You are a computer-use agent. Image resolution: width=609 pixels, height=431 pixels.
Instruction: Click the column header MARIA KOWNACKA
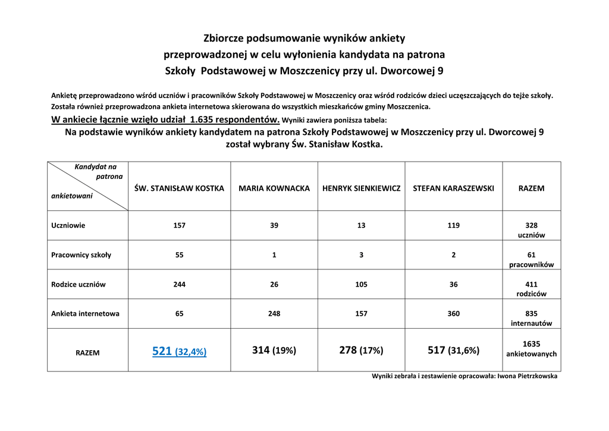274,188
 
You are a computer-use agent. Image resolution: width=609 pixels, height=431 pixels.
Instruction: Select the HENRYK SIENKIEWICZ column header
362,188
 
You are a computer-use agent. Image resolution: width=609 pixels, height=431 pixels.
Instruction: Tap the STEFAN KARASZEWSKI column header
454,188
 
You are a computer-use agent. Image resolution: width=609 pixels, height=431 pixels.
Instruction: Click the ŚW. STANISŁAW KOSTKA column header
180,188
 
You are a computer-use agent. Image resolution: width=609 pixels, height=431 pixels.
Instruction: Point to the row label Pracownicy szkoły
81,255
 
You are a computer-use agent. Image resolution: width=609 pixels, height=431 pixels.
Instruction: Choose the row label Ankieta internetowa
85,314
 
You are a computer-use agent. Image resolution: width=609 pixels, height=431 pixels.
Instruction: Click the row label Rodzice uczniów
79,285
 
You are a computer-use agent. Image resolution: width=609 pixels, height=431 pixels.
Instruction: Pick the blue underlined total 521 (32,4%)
179,351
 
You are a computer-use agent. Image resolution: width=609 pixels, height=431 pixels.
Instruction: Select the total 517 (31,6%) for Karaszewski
453,351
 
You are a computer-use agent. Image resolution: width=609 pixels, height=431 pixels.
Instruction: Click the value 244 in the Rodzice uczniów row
180,285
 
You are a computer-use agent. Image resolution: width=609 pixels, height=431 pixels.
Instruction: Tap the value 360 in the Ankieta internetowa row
454,314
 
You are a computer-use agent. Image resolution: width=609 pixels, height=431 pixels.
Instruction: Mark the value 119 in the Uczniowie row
454,226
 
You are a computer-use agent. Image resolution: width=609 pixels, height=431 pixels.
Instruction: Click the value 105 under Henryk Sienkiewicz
362,285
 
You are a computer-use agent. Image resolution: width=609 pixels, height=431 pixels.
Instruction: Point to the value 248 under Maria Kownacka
274,314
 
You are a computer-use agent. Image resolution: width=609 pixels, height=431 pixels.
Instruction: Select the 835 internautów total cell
531,319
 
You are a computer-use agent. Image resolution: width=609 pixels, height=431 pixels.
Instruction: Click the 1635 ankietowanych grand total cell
531,349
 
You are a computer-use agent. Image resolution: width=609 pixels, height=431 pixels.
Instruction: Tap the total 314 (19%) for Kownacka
274,351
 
